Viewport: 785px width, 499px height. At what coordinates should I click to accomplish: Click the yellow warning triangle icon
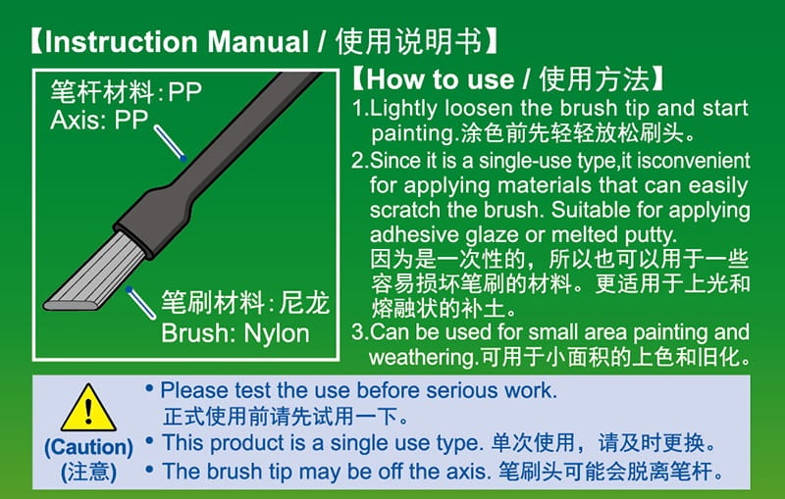[x=88, y=409]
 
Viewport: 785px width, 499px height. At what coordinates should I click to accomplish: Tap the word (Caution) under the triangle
[x=88, y=447]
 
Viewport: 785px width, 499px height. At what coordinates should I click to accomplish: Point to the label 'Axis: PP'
[x=99, y=120]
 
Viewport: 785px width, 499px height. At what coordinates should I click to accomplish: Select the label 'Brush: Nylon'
[x=235, y=333]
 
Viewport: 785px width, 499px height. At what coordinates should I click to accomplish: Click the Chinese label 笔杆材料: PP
[x=127, y=91]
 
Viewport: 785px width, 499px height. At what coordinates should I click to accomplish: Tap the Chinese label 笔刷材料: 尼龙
[x=244, y=303]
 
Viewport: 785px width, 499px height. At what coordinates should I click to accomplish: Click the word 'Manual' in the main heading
[x=258, y=41]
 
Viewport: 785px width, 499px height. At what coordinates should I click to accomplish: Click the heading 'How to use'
[x=440, y=79]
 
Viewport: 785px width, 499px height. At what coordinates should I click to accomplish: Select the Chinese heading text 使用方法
[x=595, y=79]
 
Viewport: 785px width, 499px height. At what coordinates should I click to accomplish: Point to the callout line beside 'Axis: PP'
[x=170, y=143]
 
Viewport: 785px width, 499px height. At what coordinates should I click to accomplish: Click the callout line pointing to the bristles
[x=140, y=303]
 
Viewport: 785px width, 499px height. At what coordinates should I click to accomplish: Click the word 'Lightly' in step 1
[x=404, y=109]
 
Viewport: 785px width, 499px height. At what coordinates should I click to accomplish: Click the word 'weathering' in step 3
[x=421, y=358]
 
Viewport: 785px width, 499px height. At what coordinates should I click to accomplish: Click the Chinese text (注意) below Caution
[x=88, y=472]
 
